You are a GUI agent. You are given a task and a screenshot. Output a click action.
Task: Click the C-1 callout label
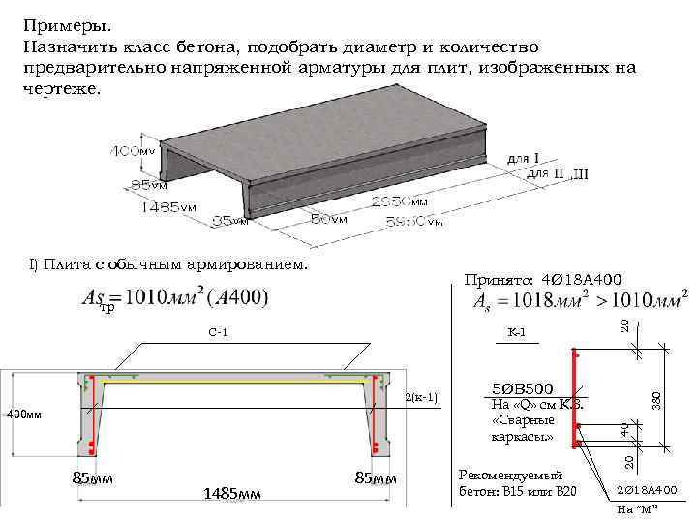(x=218, y=333)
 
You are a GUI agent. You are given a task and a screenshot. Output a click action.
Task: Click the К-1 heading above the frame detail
(x=516, y=333)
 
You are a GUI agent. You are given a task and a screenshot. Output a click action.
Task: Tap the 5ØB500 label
(x=523, y=389)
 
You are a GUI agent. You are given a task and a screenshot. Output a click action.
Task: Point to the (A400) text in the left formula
(x=231, y=297)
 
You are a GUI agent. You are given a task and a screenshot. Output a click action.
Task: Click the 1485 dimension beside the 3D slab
(x=160, y=206)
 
